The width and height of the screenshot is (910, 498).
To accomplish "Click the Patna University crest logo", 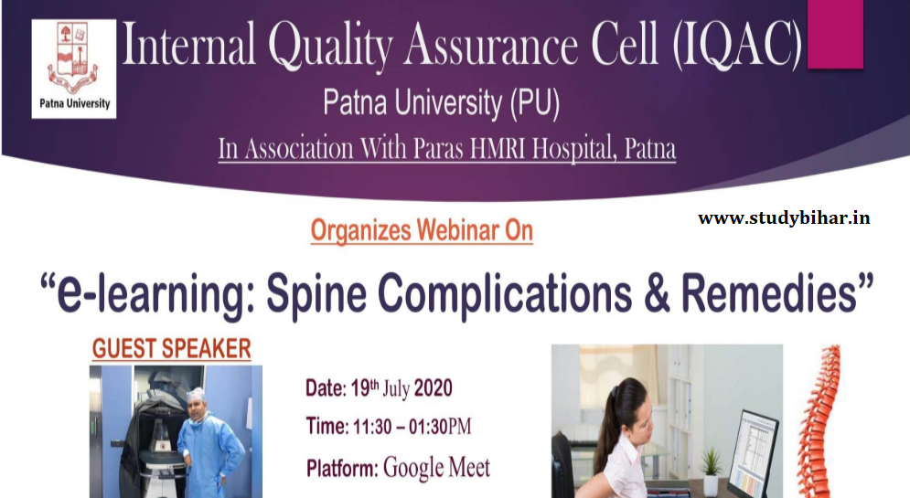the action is click(x=74, y=69).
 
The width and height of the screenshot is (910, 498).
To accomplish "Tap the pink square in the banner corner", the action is click(x=835, y=34).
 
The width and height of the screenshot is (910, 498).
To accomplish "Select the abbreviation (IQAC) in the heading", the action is click(x=737, y=45).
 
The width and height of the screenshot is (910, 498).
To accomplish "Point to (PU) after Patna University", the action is click(x=534, y=104).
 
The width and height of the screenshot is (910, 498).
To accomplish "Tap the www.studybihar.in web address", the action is click(x=784, y=218).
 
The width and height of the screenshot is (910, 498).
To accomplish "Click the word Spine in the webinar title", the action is click(x=316, y=294).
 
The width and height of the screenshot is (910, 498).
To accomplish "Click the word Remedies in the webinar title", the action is click(x=768, y=293).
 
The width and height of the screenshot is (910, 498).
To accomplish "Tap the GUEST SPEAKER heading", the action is click(x=172, y=349).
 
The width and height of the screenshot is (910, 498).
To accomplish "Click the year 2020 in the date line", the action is click(x=433, y=388).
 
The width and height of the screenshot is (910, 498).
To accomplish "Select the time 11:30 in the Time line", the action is click(x=372, y=428).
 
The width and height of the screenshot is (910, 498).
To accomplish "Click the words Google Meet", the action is click(x=436, y=467).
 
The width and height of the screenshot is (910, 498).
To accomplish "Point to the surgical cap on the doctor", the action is click(x=196, y=394).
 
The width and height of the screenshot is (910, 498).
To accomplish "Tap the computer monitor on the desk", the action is click(x=752, y=453).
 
